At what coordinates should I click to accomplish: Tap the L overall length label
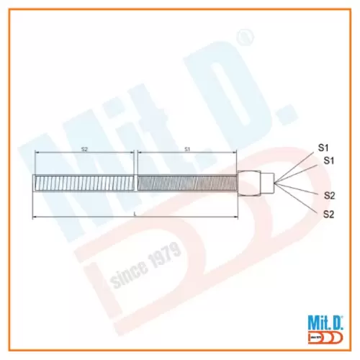135,213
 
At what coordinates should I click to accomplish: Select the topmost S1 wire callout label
324,147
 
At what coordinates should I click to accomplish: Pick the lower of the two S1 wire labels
329,159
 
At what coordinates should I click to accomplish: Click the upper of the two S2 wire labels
329,195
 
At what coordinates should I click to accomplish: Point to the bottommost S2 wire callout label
329,214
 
